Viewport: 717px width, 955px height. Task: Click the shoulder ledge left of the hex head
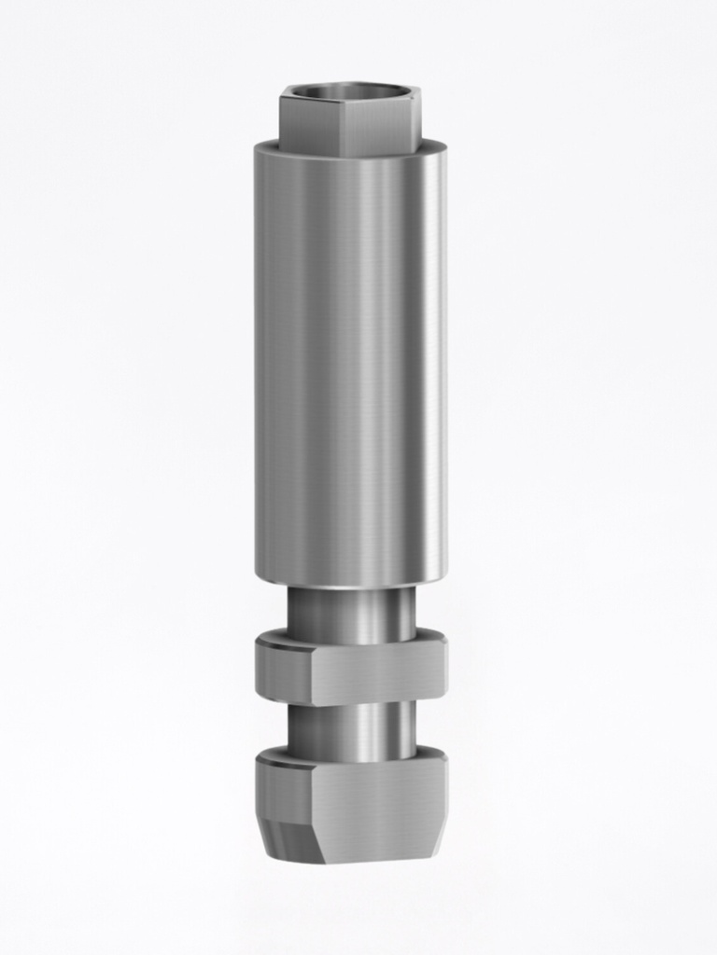(x=267, y=146)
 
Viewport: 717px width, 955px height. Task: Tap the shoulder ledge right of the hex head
(x=433, y=146)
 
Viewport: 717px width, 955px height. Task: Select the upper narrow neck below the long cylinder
(x=350, y=611)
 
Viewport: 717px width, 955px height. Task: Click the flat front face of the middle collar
(x=373, y=673)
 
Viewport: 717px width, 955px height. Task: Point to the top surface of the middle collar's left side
(x=280, y=640)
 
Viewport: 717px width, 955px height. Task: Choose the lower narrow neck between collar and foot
(x=350, y=727)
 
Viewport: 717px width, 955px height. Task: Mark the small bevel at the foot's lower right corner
(x=439, y=844)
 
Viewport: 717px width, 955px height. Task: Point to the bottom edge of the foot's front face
(x=378, y=860)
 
